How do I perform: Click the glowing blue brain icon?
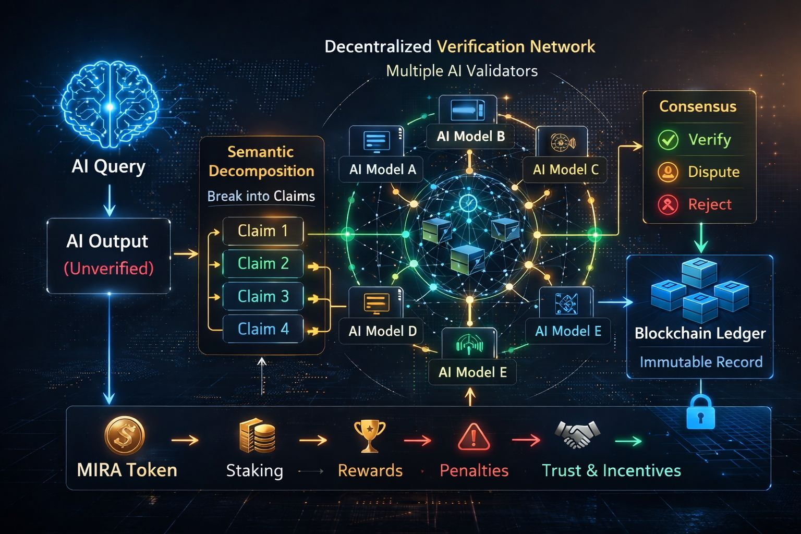(110, 107)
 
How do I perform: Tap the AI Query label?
(108, 167)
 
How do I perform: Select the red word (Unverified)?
(108, 269)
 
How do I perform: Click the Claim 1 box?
(263, 231)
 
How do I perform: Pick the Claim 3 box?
(263, 297)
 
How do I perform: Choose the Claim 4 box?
(263, 329)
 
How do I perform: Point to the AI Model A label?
(382, 169)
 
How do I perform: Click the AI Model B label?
(470, 137)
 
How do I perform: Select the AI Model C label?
(565, 169)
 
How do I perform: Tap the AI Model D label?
(382, 331)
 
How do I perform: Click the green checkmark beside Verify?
(668, 140)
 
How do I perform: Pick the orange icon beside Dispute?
(668, 172)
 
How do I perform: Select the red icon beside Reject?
(668, 204)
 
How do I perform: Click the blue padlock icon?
(700, 412)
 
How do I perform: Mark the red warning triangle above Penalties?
(474, 437)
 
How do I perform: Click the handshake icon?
(577, 435)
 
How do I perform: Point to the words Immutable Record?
(701, 362)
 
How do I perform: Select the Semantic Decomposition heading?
(261, 161)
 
